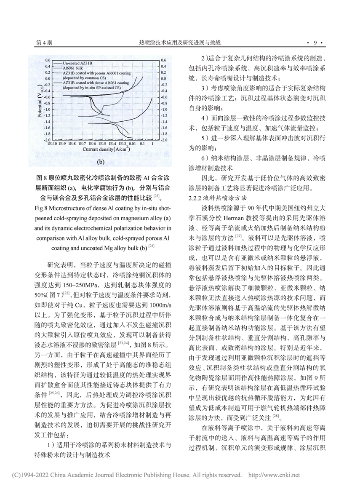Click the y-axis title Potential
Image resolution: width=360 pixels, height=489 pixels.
coord(43,104)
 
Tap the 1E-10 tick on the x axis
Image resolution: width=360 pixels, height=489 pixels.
coord(52,144)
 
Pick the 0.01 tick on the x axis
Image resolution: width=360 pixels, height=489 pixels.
coord(132,144)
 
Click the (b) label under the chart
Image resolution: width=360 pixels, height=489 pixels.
coord(101,160)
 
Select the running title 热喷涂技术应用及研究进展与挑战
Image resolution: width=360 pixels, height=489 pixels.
coord(179,43)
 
